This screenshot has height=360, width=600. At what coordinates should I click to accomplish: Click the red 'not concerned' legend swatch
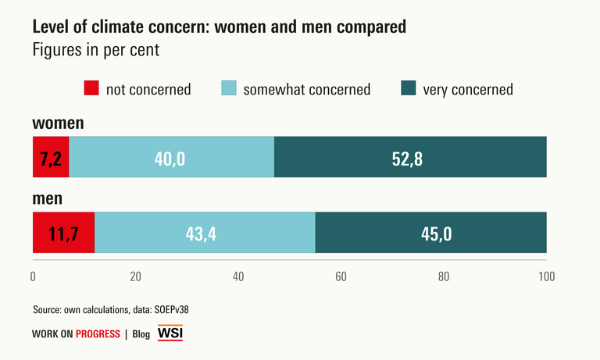[92, 88]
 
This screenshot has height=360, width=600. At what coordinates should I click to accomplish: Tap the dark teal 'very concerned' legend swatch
[409, 88]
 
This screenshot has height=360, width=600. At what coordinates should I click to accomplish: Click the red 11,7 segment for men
[63, 233]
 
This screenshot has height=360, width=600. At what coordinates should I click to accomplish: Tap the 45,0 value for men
[430, 233]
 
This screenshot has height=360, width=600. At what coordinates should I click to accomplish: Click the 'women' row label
[58, 123]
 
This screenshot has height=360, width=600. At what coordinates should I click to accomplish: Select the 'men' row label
[47, 198]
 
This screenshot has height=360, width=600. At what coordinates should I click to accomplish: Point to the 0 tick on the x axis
[33, 276]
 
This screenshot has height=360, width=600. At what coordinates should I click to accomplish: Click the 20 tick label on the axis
[135, 276]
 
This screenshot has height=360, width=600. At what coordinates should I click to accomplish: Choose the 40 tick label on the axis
[238, 276]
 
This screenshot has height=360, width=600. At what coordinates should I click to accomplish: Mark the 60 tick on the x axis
[341, 276]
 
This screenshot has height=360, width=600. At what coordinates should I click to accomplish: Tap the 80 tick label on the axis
[444, 276]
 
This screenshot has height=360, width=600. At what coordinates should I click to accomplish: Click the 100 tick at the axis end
[546, 276]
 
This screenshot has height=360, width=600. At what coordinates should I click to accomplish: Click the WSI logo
[170, 333]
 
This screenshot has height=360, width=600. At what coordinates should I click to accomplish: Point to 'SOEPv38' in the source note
[170, 309]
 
